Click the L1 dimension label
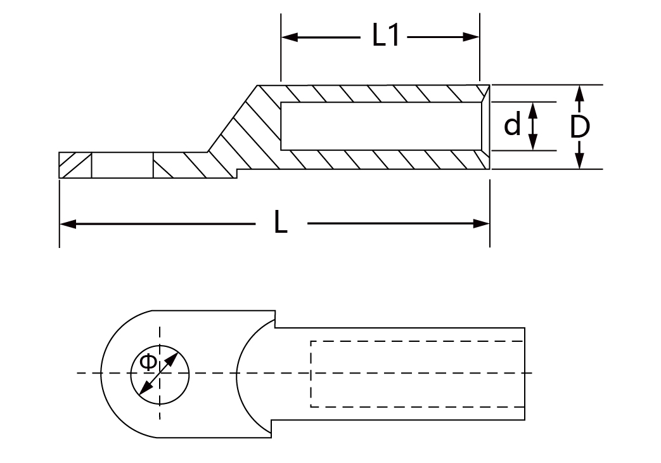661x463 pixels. pos(386,37)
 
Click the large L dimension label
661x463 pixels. pos(280,223)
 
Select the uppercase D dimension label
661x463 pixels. pos(579,127)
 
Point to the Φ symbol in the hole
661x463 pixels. pos(147,363)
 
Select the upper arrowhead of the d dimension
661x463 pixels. pos(533,108)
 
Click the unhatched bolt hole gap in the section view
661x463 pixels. pos(122,166)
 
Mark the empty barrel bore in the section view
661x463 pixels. pos(380,126)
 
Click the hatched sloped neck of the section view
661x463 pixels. pos(244,133)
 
